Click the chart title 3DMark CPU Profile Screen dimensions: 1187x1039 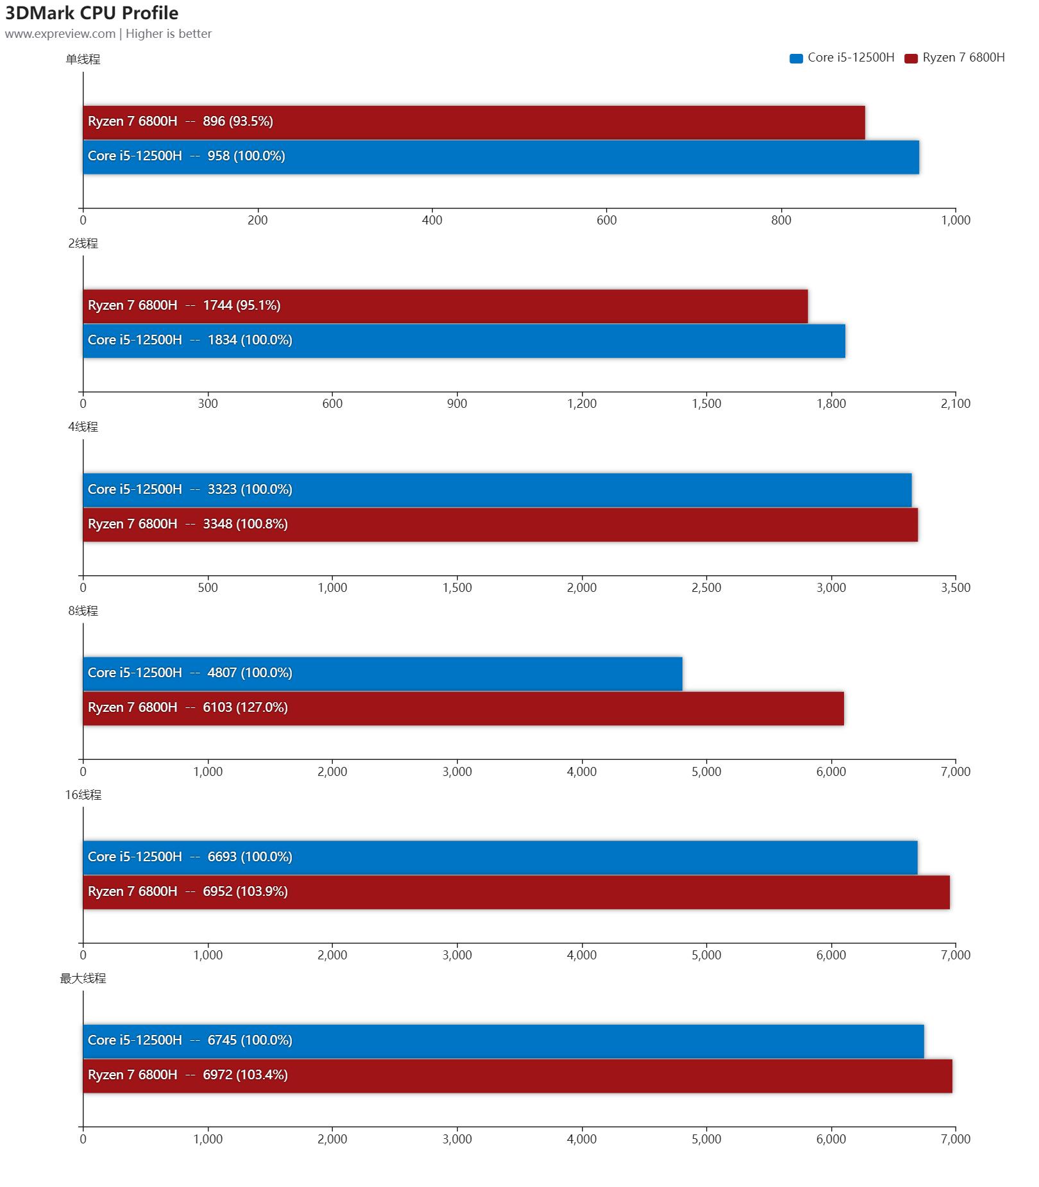click(92, 13)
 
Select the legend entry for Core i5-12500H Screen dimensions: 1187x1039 click(841, 58)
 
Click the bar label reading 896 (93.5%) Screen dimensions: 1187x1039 click(238, 121)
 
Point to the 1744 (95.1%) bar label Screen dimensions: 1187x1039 click(242, 305)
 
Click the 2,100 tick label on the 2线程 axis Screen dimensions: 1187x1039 click(955, 404)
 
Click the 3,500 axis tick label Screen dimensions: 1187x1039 click(955, 588)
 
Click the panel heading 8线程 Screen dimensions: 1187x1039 click(83, 611)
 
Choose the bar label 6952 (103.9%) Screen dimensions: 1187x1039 click(245, 891)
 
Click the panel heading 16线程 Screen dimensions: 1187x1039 click(83, 795)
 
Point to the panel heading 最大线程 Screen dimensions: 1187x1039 click(83, 979)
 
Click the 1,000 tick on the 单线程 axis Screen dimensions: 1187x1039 click(955, 221)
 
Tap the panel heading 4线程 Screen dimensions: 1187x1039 click(83, 427)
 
